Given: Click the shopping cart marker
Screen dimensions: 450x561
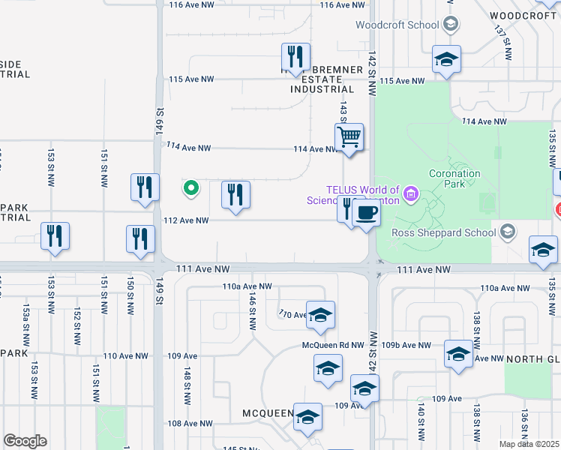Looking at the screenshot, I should click(349, 138).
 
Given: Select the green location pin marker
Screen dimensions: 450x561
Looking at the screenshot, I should click(191, 188).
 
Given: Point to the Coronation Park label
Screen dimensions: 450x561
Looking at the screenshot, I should click(454, 178).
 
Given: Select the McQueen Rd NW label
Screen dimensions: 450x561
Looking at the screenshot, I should click(333, 345).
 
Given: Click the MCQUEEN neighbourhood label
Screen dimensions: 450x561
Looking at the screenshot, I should click(268, 413).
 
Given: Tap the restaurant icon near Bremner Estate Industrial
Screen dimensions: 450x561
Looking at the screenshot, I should click(295, 56).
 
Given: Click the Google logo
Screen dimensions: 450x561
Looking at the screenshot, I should click(25, 441).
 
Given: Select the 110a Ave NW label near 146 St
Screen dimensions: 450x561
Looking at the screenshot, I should click(245, 286).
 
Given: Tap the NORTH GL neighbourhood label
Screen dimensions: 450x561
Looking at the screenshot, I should click(532, 359).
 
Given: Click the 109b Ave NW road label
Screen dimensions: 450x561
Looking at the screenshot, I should click(406, 345).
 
